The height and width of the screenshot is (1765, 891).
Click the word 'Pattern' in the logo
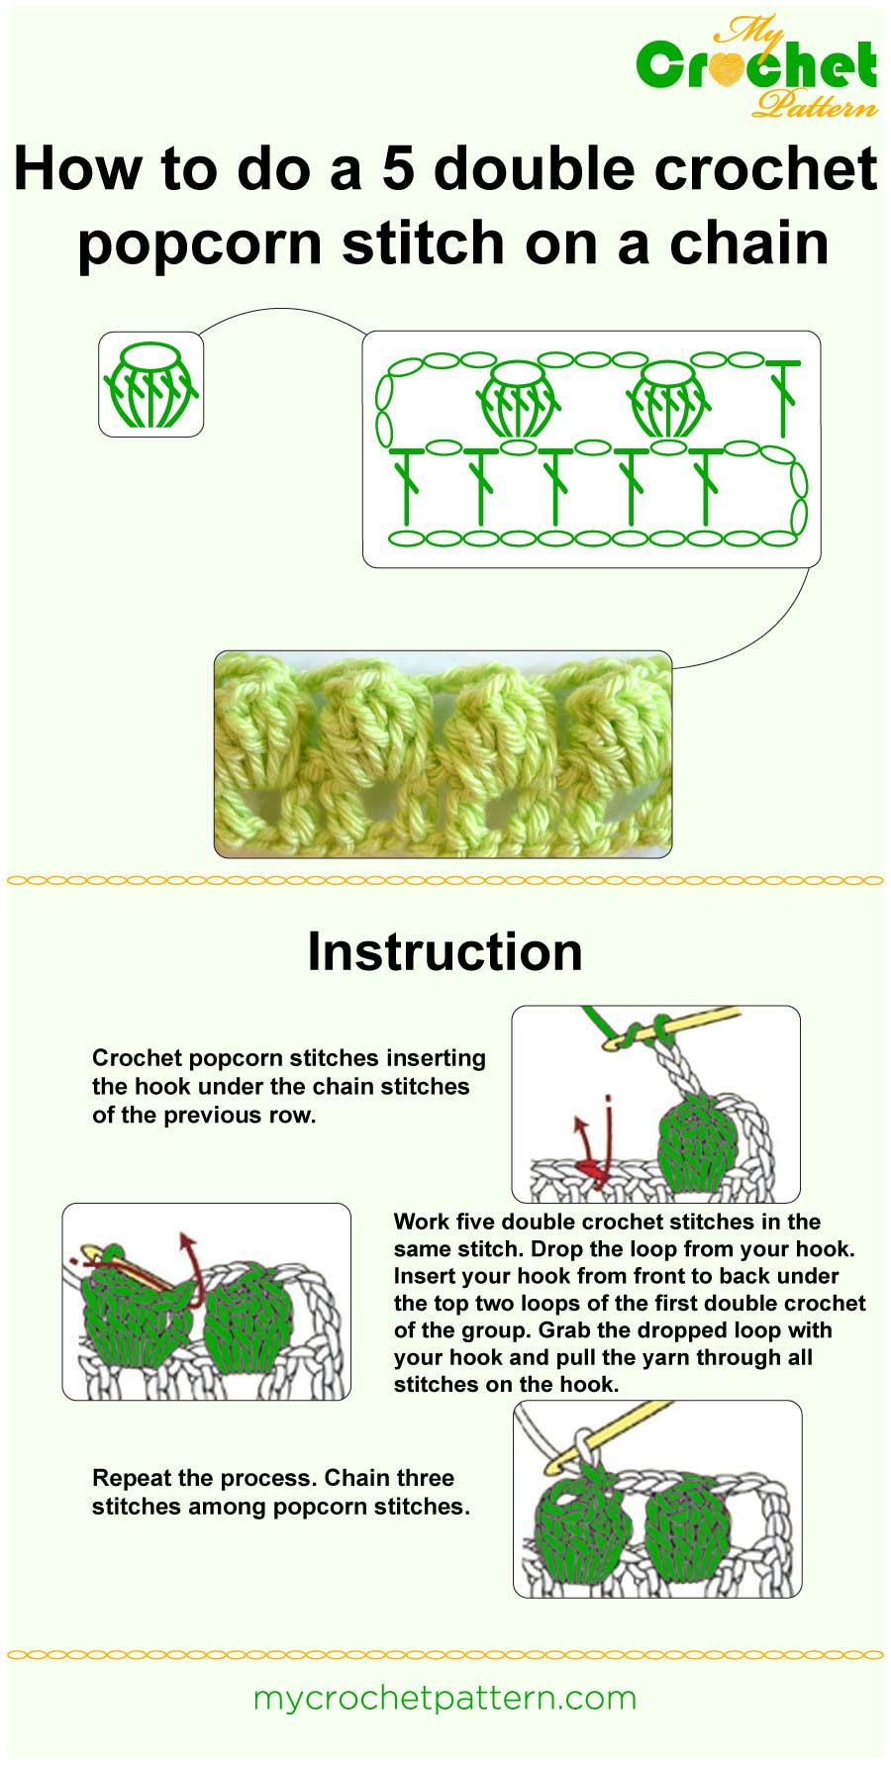click(814, 102)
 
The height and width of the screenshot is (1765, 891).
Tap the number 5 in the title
click(397, 168)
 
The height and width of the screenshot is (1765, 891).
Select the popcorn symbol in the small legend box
click(150, 385)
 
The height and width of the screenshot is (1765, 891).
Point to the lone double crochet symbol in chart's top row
click(782, 396)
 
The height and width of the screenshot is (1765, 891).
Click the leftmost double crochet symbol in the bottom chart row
click(405, 485)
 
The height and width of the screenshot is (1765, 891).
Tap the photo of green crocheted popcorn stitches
click(443, 753)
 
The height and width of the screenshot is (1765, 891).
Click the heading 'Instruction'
click(445, 951)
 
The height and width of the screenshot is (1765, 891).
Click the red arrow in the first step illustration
click(588, 1148)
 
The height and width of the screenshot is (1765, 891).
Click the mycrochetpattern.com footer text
click(445, 1698)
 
